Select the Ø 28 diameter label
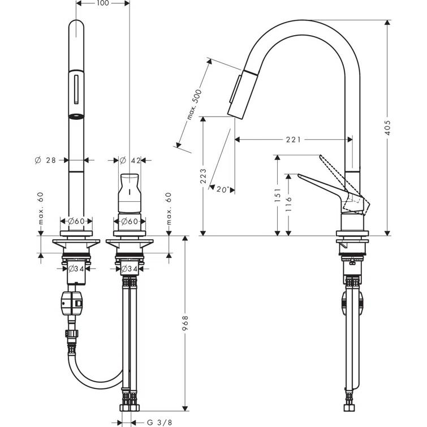[x=45, y=161]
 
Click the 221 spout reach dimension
[x=292, y=139]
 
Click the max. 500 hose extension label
[x=193, y=104]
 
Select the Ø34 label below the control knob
[x=130, y=268]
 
